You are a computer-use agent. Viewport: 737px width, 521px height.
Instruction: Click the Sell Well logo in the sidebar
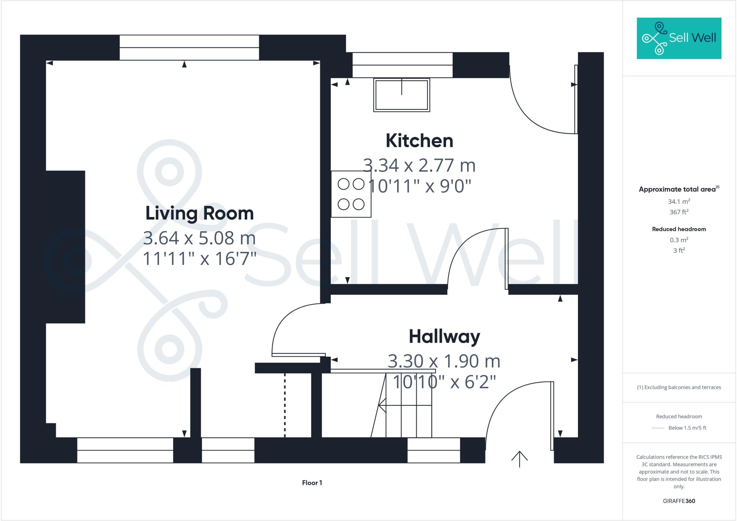679,38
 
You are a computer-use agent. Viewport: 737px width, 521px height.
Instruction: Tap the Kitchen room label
419,141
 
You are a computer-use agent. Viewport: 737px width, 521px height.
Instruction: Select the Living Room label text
199,213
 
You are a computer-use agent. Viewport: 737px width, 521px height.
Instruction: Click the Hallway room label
444,337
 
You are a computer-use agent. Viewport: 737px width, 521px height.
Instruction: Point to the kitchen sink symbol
402,95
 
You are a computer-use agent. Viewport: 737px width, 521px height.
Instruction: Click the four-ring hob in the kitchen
351,194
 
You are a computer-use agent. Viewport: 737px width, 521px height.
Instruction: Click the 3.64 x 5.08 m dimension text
199,238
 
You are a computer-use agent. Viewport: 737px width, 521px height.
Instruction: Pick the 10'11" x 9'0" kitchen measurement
419,187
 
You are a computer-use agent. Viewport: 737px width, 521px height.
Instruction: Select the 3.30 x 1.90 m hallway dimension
444,361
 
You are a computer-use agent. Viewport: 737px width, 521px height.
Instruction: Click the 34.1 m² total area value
679,202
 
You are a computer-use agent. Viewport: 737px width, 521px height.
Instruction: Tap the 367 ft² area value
679,212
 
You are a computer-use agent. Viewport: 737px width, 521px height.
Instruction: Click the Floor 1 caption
312,483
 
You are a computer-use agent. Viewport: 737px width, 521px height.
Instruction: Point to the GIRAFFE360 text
679,501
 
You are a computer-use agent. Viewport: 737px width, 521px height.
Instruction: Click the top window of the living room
189,48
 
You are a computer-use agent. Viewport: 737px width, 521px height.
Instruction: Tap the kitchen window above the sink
402,65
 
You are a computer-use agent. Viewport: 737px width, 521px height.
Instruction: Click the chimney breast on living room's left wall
65,247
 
